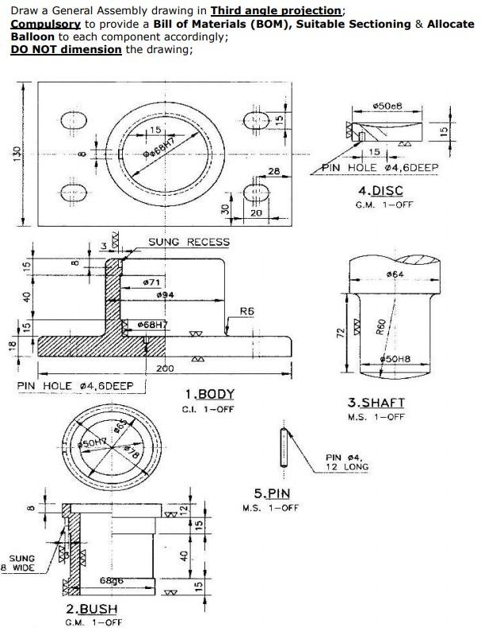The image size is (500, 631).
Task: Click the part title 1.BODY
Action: (209, 394)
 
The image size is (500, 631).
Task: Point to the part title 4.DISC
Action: (380, 190)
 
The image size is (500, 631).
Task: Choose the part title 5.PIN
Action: (272, 493)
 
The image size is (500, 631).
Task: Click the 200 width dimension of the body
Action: (164, 369)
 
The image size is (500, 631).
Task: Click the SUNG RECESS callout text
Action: (189, 242)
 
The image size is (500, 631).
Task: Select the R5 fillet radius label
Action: (246, 312)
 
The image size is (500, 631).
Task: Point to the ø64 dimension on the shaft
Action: (395, 274)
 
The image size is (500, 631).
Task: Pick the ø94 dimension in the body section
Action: (167, 295)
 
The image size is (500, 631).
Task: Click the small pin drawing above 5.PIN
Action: (282, 449)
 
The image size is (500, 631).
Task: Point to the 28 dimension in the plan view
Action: (274, 171)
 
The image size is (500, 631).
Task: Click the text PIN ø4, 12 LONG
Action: (346, 462)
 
